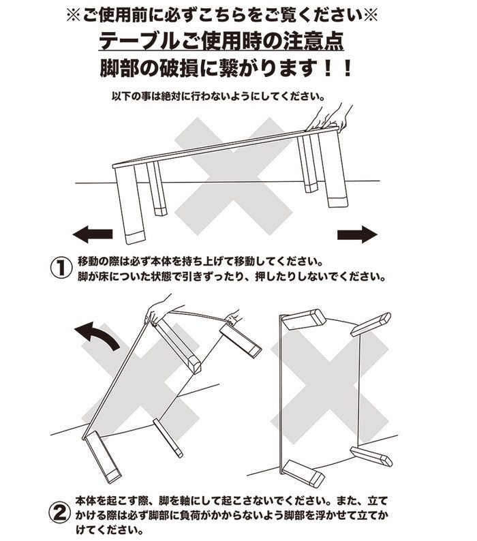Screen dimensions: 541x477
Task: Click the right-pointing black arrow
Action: pos(357,235)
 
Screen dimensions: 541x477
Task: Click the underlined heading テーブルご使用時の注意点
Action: pos(221,41)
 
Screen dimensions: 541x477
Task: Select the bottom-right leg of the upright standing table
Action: pos(371,457)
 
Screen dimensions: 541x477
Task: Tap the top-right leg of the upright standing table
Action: pos(371,324)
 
